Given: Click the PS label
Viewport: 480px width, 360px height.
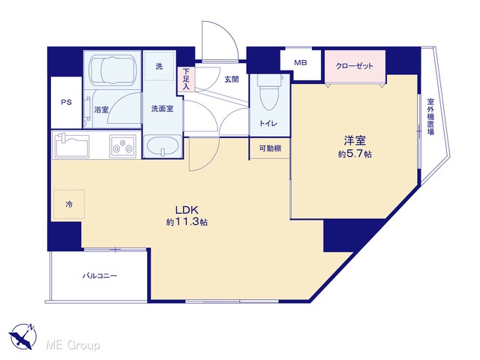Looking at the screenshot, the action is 67,102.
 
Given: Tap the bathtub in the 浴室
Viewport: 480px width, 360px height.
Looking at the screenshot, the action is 113,70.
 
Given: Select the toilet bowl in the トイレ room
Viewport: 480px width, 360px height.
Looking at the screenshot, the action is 268,91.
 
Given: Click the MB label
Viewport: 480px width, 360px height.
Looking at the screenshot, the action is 301,63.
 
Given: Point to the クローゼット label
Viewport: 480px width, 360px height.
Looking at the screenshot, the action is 355,66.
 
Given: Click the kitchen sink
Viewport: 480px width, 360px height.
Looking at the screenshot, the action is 72,145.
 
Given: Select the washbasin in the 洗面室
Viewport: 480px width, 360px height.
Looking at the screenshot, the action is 162,147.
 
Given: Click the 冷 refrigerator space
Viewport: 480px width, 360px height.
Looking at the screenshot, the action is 69,204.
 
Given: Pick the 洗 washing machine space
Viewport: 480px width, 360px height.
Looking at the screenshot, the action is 159,66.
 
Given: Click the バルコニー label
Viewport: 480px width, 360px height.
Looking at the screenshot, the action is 100,276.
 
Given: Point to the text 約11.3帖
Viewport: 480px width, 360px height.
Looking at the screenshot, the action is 187,222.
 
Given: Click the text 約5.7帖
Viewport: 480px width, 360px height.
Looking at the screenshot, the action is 355,154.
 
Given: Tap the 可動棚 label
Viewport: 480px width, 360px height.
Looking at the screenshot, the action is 270,148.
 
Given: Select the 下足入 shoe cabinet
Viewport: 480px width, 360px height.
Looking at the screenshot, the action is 187,79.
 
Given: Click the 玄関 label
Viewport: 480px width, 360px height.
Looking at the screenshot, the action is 232,79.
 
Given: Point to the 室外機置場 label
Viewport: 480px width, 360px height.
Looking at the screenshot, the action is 430,117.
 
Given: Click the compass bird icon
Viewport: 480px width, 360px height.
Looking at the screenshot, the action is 22,336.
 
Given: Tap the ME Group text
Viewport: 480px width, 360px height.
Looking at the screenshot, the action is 73,346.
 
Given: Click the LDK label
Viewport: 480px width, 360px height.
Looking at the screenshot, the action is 187,210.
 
